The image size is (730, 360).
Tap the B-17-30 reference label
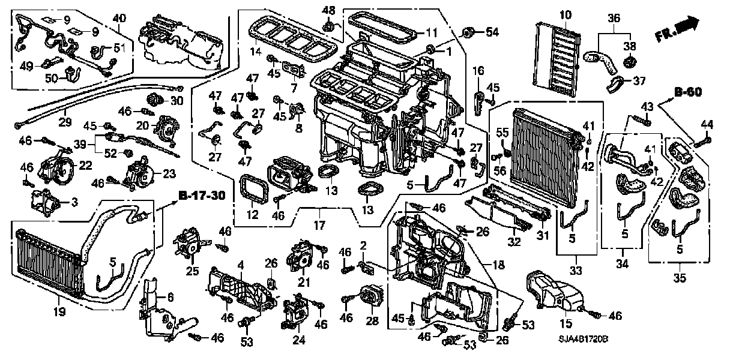point(202,196)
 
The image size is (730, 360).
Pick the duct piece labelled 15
point(549,294)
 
